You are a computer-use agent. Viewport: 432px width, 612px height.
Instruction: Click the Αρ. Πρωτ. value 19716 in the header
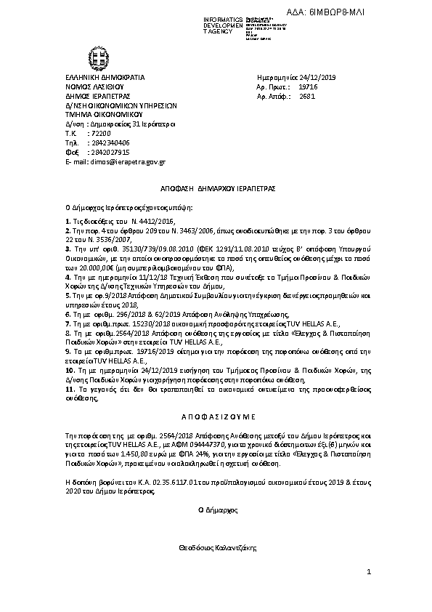(x=308, y=86)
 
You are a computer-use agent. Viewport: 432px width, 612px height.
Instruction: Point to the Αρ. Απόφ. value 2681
(x=307, y=94)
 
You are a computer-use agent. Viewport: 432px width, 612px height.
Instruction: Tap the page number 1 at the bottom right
(x=369, y=572)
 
